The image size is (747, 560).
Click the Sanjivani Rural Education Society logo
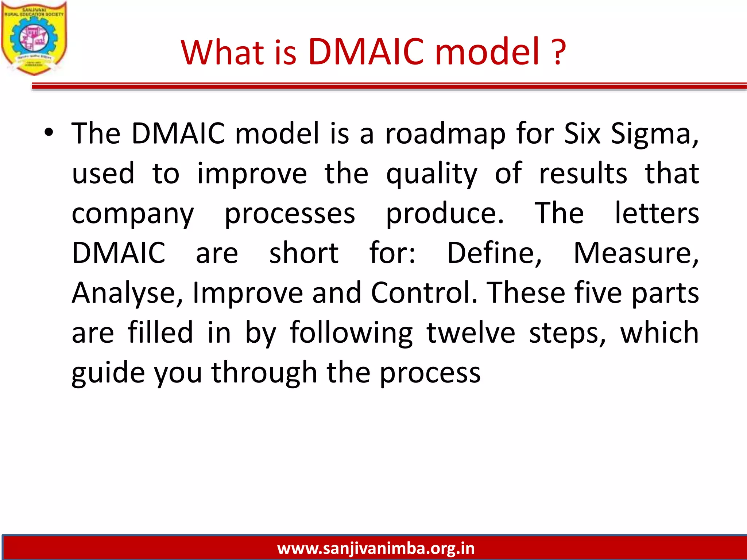[34, 38]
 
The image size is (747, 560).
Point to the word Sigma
[654, 134]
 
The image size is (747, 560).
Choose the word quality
[431, 174]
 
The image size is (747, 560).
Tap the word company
[132, 214]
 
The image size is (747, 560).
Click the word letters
[657, 214]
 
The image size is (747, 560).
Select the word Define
[494, 253]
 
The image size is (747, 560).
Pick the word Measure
[636, 253]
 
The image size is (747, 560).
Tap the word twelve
[471, 333]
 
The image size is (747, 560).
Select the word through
[264, 373]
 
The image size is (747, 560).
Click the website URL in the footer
[376, 548]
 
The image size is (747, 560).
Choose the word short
[304, 253]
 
